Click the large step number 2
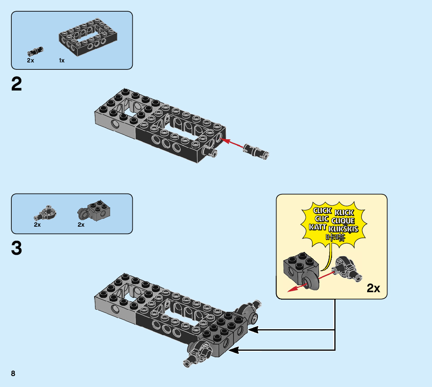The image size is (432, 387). pos(17,84)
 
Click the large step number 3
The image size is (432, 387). pos(17,249)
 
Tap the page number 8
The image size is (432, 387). pos(13,374)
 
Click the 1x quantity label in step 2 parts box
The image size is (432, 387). pos(62,60)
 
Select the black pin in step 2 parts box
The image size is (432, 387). pos(35,51)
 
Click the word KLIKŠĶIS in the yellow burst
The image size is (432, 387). pos(344,229)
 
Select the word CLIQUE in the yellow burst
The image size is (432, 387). pos(343,220)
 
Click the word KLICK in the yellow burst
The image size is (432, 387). pos(344,212)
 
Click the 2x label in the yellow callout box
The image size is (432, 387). pos(373,288)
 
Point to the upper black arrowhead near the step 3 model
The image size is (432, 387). pos(253,330)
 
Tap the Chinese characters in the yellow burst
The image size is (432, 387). pos(335,237)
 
